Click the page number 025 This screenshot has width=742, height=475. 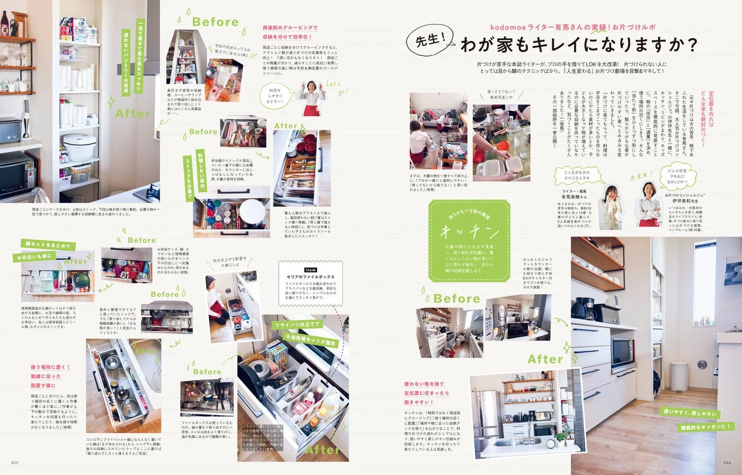[x=15, y=462]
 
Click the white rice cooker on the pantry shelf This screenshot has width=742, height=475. [x=79, y=147]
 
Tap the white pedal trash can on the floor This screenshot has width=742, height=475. [x=679, y=376]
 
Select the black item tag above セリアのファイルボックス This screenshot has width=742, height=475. [x=310, y=269]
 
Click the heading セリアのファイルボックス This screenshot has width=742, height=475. [x=311, y=277]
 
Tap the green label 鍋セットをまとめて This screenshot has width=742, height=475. [x=48, y=245]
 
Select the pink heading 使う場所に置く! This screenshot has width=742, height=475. [x=50, y=367]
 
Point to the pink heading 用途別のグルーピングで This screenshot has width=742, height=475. [x=290, y=28]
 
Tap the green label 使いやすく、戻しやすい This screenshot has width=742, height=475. [x=690, y=412]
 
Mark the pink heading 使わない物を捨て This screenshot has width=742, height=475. [x=424, y=383]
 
